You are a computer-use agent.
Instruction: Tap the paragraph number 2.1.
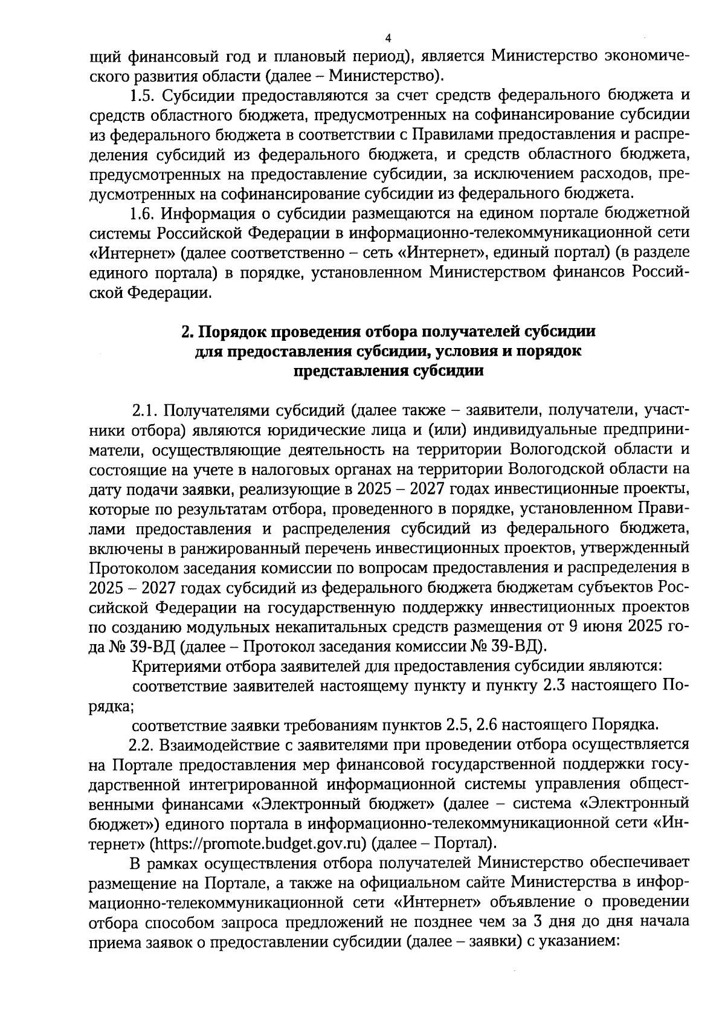[x=145, y=411]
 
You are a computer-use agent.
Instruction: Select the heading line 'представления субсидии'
[x=388, y=371]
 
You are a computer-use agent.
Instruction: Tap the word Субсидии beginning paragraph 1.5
[x=200, y=95]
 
